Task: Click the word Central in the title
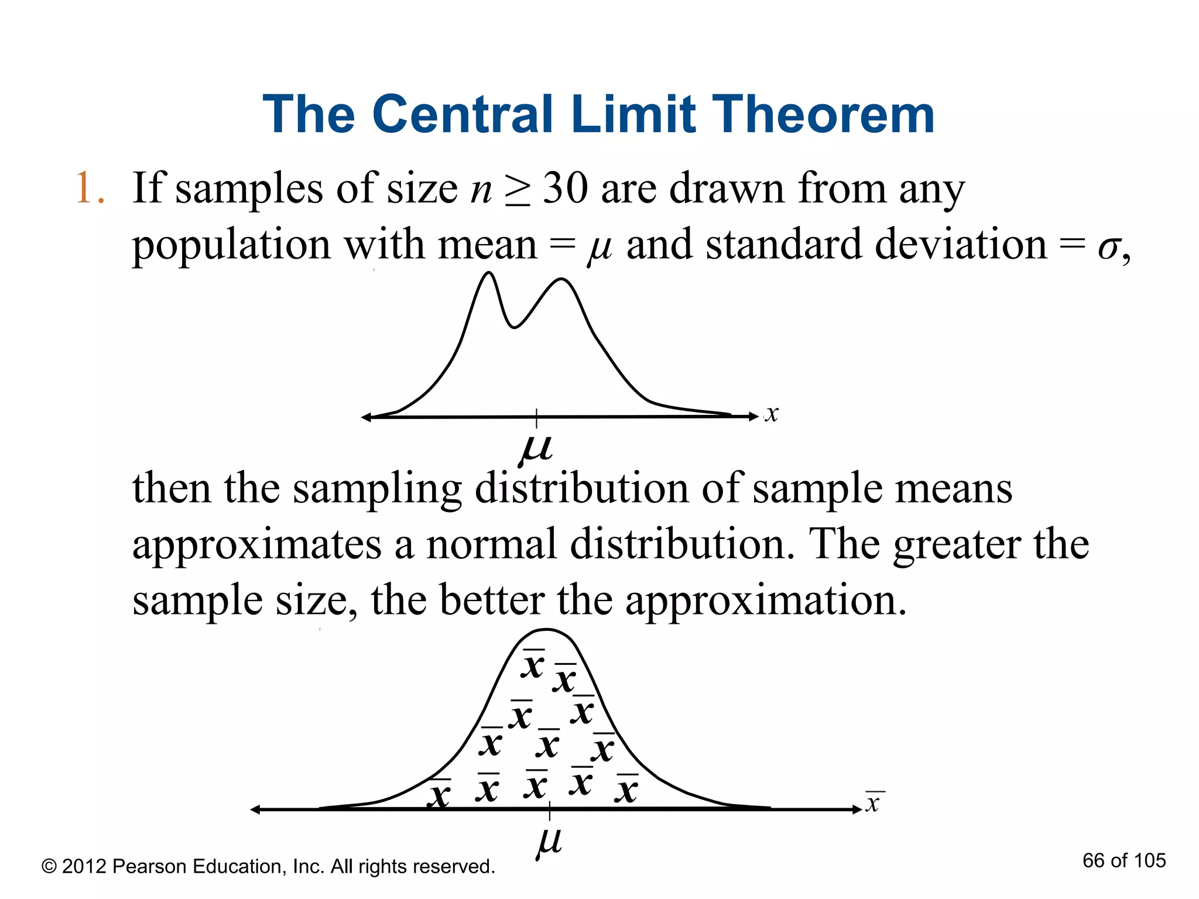[x=462, y=114]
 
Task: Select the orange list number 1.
[x=84, y=188]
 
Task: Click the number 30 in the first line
[x=565, y=188]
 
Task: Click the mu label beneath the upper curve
[x=536, y=449]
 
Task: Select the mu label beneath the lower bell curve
[x=549, y=842]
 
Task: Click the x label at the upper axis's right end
[x=772, y=414]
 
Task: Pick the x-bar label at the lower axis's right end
[x=873, y=803]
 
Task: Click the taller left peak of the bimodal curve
[x=489, y=273]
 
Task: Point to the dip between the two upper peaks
[x=514, y=327]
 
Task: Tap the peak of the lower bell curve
[x=546, y=630]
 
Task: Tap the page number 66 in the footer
[x=1094, y=860]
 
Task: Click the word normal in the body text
[x=491, y=544]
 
